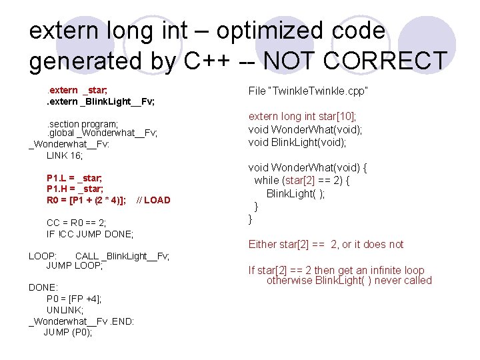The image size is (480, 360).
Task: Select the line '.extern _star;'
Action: coord(74,90)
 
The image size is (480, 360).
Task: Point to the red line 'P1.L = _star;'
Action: coord(74,178)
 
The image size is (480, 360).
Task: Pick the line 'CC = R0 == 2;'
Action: coord(76,223)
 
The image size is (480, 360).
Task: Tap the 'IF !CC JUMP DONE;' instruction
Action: coord(89,234)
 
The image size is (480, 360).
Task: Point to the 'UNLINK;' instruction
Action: coord(65,310)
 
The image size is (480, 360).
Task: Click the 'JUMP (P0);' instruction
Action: coord(68,332)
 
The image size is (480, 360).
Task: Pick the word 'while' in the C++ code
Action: coord(266,181)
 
